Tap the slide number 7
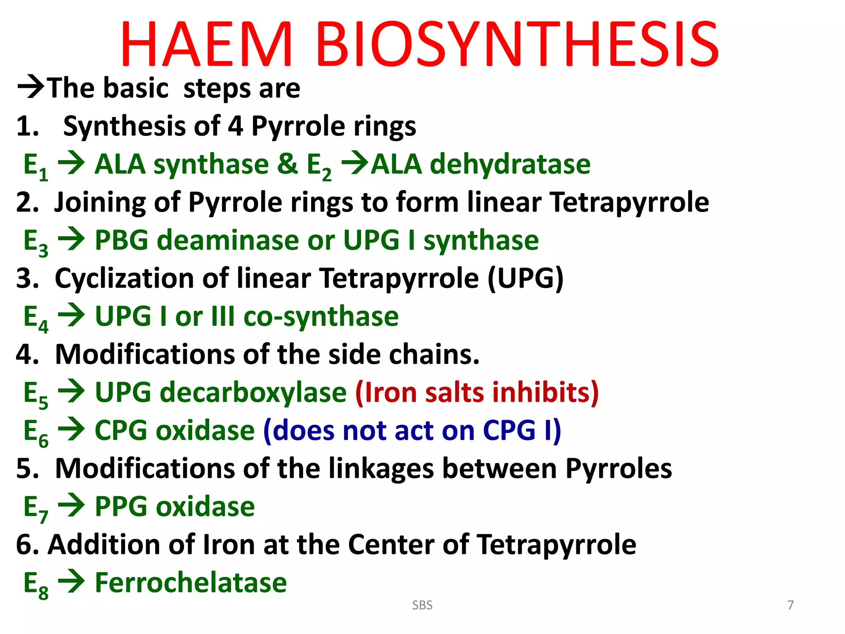790,605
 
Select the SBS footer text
422,605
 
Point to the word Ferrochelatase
191,582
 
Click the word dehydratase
510,164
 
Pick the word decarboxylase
253,392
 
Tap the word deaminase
228,240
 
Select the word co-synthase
321,316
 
